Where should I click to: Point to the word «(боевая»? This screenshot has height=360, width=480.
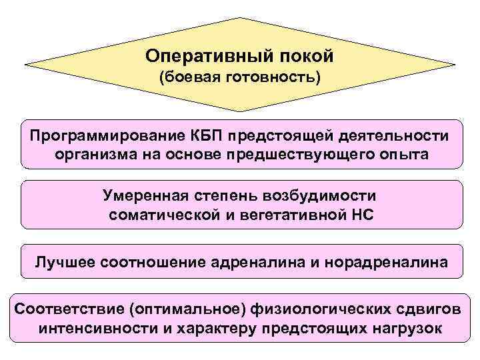click(x=193, y=77)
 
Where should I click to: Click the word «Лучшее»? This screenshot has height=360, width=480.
click(x=65, y=261)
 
